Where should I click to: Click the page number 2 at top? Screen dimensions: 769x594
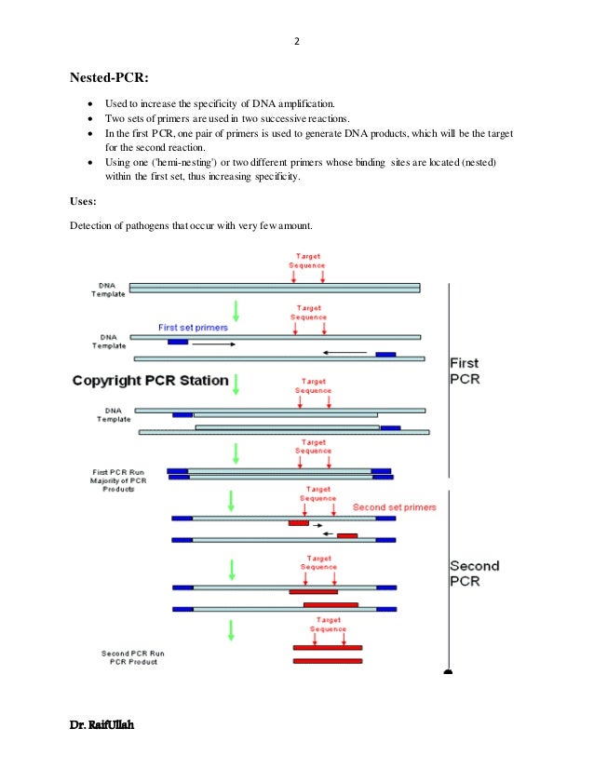(x=296, y=41)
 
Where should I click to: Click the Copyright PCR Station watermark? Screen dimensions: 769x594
(x=150, y=380)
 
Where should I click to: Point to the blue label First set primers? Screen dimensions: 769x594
(x=193, y=328)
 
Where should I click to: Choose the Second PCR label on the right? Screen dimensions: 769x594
(x=474, y=573)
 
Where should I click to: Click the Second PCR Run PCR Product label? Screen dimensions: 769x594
(x=128, y=657)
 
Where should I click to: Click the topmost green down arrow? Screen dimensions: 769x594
(x=236, y=310)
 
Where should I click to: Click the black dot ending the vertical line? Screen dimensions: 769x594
(x=449, y=671)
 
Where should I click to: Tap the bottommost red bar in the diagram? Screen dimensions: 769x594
(x=327, y=661)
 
